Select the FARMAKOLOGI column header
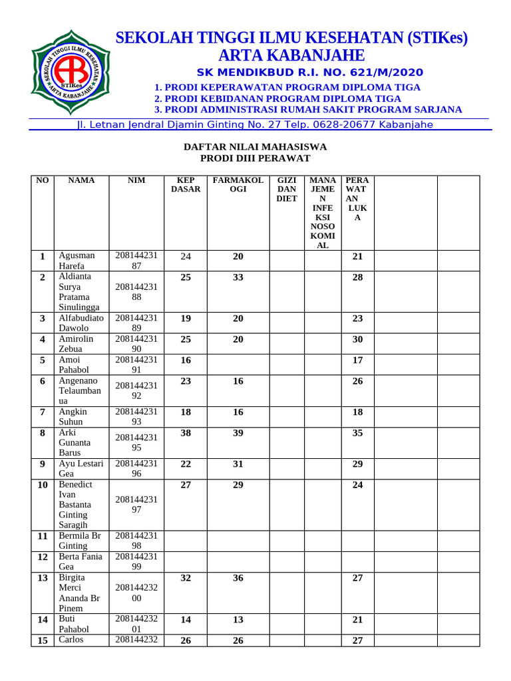pos(238,185)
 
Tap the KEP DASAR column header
pos(186,185)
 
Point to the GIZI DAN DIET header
pos(287,190)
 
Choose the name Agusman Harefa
pos(77,261)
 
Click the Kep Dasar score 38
pos(186,432)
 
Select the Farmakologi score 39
pos(238,432)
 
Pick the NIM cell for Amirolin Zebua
pos(136,344)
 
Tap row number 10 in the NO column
pos(43,485)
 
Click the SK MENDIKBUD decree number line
pos(310,72)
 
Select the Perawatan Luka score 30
pos(357,339)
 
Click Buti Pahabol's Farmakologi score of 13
pos(238,620)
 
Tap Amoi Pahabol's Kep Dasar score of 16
pos(186,360)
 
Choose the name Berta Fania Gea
pos(80,561)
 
